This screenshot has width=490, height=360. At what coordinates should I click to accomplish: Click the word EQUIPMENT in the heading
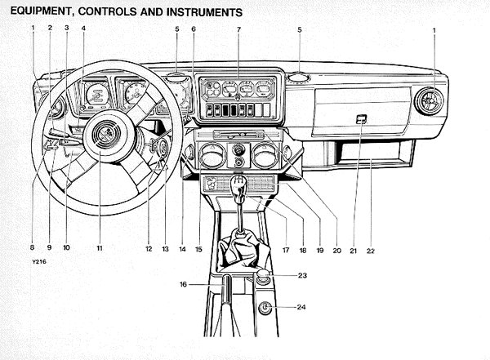coord(41,11)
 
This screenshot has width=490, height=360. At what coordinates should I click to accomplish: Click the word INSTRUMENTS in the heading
coord(204,12)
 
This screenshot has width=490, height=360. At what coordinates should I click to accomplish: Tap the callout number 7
coord(238,29)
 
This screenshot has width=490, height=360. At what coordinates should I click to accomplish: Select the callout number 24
coord(301,307)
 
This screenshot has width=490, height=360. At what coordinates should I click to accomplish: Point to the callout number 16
coord(183,284)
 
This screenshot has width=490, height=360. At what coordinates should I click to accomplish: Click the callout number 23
coord(302,275)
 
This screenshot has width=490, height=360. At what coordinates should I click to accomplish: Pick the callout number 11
coord(100,248)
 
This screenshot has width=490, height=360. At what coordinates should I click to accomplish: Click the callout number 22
coord(370,251)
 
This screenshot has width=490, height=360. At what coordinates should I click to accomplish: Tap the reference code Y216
coord(39,262)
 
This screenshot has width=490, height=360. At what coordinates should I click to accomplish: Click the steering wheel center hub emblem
coord(106,134)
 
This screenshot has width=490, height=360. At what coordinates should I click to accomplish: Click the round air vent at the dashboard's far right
coord(429,101)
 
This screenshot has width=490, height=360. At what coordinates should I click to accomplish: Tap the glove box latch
coord(362,119)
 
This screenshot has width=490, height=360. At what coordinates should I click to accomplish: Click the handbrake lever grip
coord(226,289)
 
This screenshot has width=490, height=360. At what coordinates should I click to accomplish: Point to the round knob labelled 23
coord(263,276)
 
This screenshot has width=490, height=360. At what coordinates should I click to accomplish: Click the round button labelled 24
coord(265,308)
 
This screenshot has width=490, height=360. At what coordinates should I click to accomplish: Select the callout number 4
coord(83,29)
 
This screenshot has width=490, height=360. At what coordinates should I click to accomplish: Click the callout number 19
coord(320,251)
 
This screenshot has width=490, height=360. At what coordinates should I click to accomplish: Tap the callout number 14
coord(182,249)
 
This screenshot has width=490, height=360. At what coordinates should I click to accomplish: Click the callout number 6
coord(194,29)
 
